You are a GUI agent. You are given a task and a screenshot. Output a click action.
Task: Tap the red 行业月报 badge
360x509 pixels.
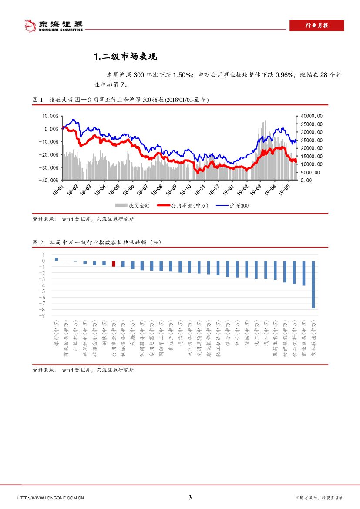(316, 26)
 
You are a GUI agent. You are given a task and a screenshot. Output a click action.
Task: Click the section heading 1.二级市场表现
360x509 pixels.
(125, 57)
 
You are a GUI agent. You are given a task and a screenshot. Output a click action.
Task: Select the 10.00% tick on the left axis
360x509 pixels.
(50, 116)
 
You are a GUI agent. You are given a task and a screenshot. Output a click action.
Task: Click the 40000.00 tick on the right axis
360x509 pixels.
(312, 116)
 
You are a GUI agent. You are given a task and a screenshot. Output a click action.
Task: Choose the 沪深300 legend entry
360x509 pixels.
(240, 205)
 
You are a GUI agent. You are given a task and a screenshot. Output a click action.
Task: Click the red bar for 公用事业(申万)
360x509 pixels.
(114, 264)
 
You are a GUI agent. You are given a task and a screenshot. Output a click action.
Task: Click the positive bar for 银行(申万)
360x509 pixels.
(57, 259)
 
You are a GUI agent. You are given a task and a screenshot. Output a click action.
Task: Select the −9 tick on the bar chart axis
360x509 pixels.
(43, 316)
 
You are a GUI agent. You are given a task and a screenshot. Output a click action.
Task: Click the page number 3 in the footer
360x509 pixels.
(190, 498)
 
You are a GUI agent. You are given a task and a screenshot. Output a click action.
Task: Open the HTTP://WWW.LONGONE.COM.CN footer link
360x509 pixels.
(50, 498)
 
